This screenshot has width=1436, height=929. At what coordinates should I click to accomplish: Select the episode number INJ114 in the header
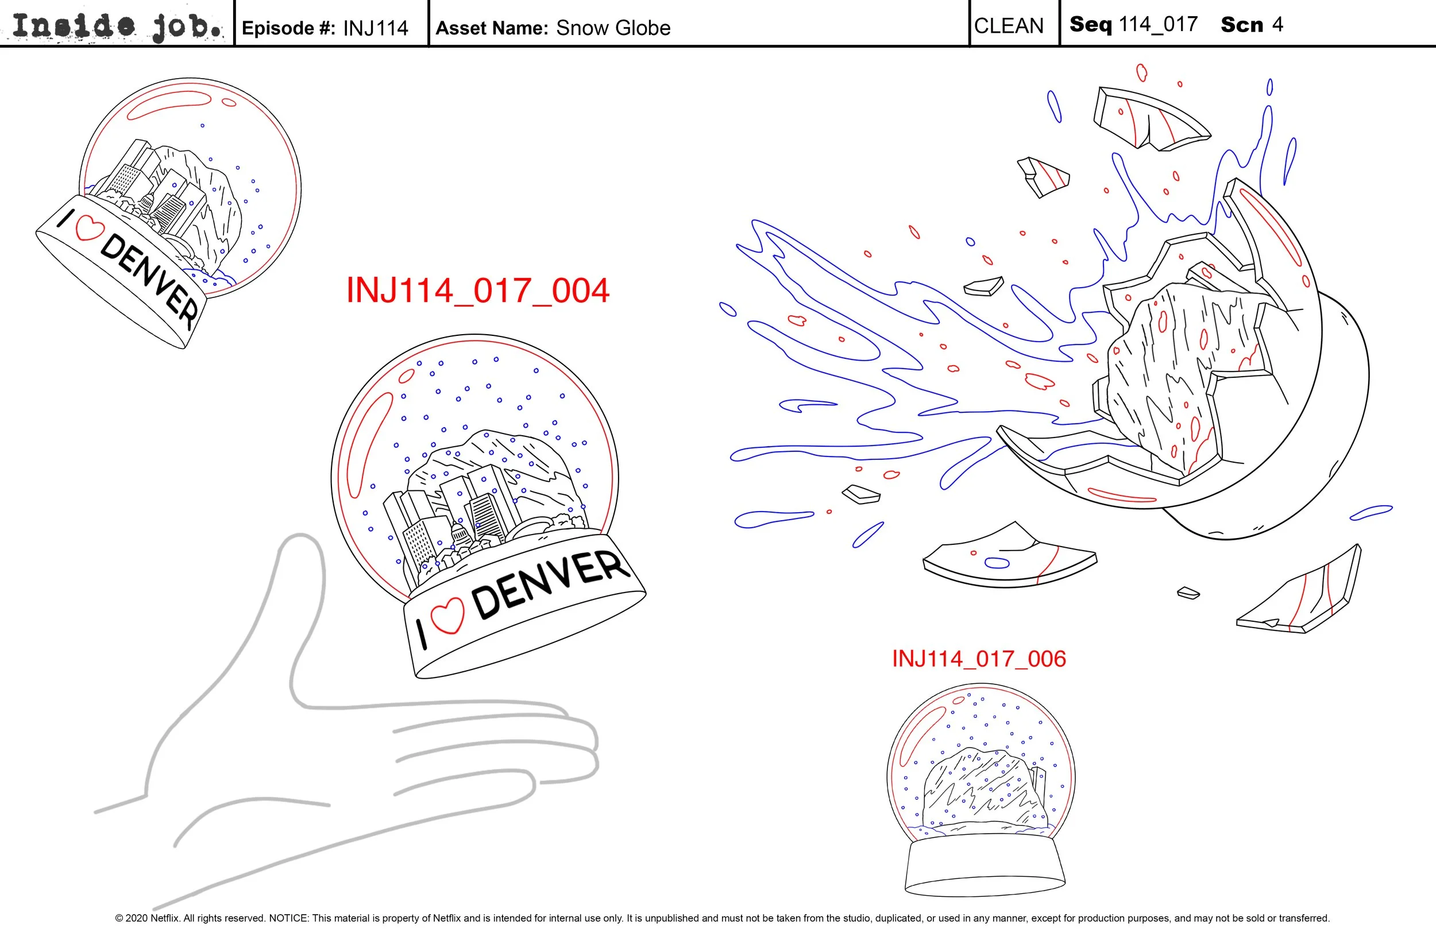point(375,28)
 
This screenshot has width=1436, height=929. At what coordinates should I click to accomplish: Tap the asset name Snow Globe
point(613,28)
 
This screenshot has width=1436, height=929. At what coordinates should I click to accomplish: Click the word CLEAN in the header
point(1009,26)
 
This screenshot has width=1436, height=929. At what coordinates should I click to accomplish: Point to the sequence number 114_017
point(1158,24)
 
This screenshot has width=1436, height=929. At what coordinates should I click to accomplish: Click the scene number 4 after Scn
point(1277,24)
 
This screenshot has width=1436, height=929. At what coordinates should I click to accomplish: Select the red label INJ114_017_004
point(478,291)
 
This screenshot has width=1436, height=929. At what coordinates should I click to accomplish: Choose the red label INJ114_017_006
point(979,659)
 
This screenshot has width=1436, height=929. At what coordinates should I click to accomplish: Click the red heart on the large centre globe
point(448,616)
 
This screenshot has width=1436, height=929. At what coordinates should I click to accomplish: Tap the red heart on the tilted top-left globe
point(89,228)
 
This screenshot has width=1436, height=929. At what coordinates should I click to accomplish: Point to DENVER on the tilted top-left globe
point(149,281)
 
